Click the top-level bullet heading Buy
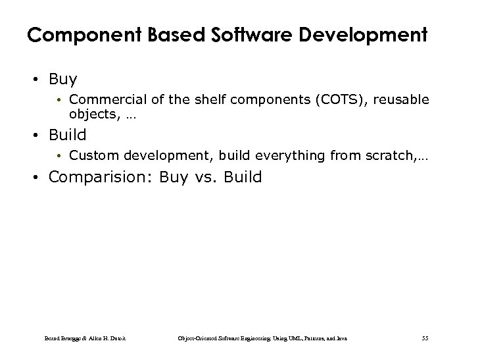point(63,80)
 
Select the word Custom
point(90,156)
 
